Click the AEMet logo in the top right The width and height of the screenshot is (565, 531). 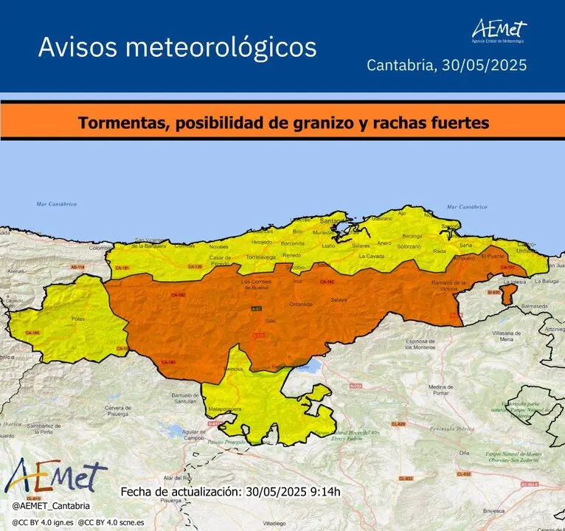[499, 30]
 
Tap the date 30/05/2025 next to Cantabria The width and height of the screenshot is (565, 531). [484, 65]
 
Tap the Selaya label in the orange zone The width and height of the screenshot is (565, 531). [339, 300]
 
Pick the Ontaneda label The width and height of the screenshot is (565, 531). [300, 304]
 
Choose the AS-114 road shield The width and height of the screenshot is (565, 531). [77, 266]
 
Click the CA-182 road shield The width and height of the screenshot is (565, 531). [177, 294]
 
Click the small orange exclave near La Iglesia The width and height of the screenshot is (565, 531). [507, 294]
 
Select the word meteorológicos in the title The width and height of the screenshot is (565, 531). [222, 47]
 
